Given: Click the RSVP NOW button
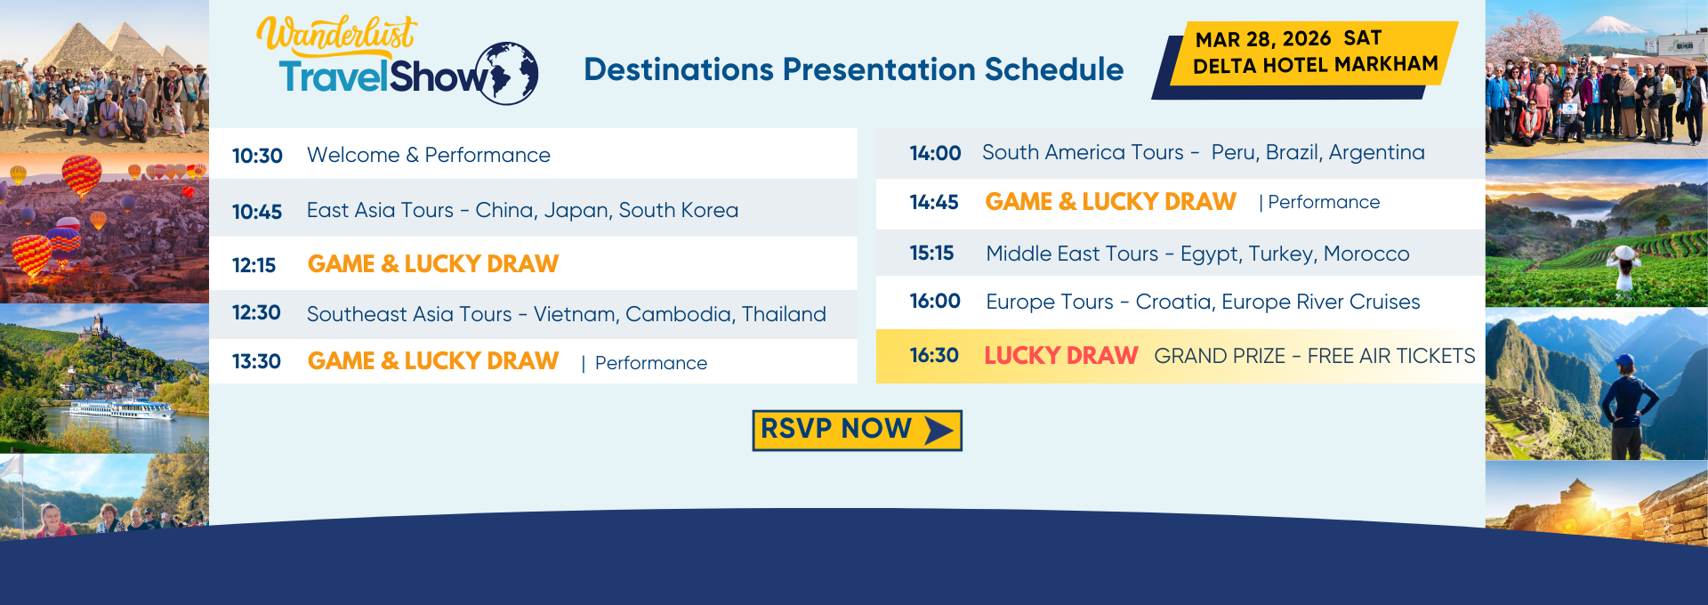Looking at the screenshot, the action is click(857, 430).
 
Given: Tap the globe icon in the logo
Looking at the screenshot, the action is click(507, 73).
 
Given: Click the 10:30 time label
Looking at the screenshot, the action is click(257, 156).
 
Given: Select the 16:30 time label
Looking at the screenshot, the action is click(934, 356).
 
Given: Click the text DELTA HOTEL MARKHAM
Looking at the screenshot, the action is click(1316, 65).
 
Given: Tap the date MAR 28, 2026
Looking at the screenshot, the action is click(1263, 39).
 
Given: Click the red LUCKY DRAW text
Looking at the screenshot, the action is click(1060, 356).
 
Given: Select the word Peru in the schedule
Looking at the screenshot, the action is click(1232, 153).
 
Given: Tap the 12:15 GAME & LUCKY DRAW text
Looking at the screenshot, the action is click(433, 264).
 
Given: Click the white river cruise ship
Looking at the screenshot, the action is click(122, 409).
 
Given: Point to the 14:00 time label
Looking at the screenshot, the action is click(935, 153).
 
